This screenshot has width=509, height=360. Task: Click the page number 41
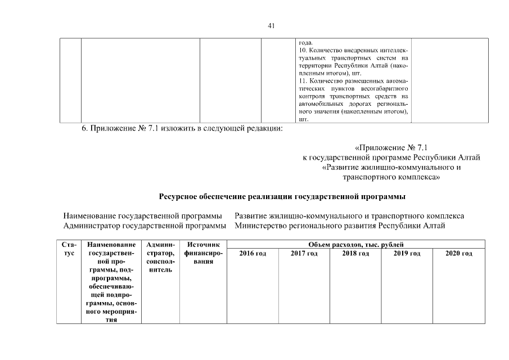tap(271, 25)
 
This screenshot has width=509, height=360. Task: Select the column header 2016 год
tap(253, 254)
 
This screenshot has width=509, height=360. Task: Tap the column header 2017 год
tap(304, 254)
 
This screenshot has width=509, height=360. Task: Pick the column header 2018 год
tap(355, 254)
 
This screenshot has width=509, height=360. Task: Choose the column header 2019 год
tap(407, 254)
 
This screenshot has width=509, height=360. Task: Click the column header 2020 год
tap(458, 254)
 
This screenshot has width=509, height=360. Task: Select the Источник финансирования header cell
tap(202, 253)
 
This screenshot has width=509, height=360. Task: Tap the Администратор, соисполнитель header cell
tap(160, 257)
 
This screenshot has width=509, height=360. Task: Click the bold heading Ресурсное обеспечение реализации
tap(282, 196)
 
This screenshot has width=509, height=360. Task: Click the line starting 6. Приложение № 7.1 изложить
tap(182, 128)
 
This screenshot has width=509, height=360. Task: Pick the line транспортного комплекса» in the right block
tap(391, 177)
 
